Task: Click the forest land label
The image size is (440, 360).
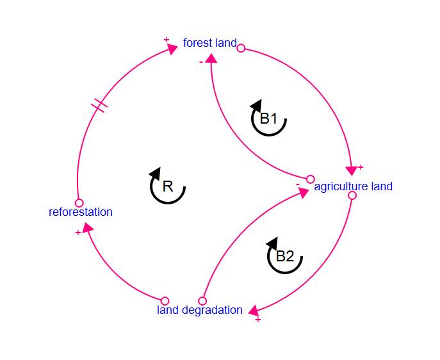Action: [209, 44]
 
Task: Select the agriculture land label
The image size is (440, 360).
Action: [353, 186]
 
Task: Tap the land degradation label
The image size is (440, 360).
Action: [200, 310]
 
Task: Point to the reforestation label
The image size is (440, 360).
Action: [81, 212]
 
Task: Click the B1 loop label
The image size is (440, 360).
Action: [268, 119]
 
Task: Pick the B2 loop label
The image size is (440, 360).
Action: [284, 256]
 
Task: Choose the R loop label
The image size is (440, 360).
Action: [168, 186]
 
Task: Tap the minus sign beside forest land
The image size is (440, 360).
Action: [201, 61]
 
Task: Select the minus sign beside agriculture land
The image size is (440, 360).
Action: [298, 184]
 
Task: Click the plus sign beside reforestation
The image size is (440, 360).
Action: [78, 233]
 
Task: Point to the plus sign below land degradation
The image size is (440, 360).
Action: [258, 319]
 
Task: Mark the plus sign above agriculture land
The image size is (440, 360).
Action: [361, 167]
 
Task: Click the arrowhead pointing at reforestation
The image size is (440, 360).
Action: [87, 227]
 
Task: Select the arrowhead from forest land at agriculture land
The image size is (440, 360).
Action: [351, 170]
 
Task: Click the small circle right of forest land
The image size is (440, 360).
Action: [241, 47]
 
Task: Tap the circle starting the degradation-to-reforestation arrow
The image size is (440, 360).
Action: [165, 300]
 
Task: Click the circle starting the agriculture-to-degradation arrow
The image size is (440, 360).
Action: [352, 195]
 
